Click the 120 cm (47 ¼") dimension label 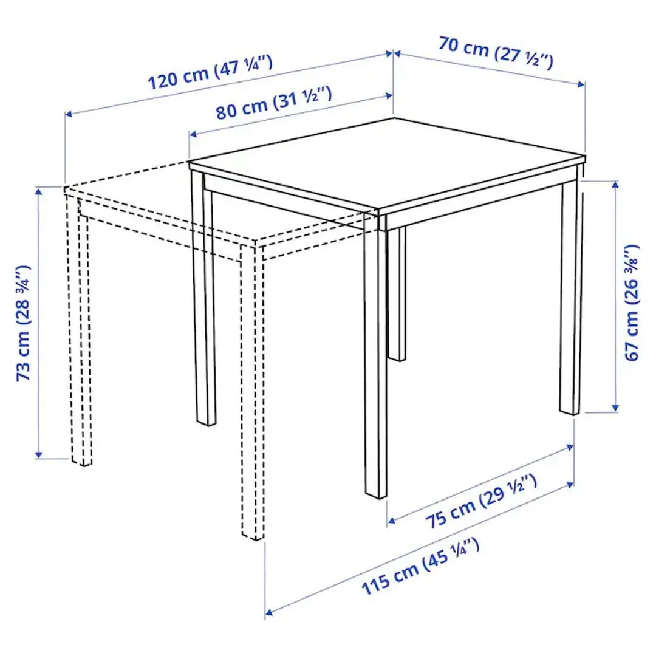(210, 73)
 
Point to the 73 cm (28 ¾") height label (24, 323)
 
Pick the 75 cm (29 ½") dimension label (480, 501)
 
